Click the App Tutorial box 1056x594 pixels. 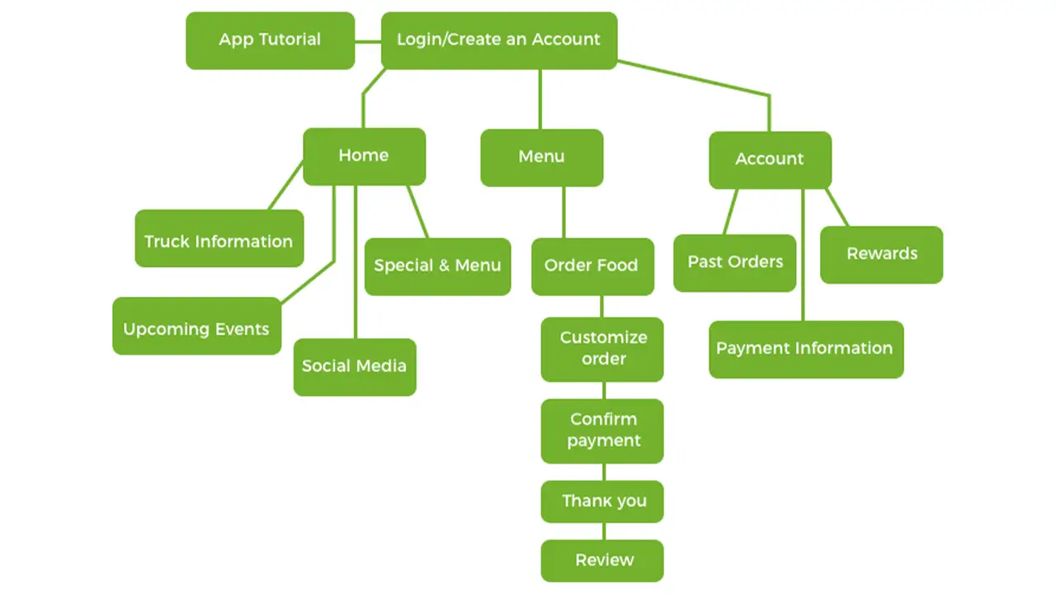click(270, 40)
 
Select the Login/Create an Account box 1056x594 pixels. click(499, 40)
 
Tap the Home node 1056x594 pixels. click(364, 156)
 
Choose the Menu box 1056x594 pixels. click(541, 157)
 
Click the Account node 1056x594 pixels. click(770, 159)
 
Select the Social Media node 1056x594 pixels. click(355, 366)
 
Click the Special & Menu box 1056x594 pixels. click(437, 266)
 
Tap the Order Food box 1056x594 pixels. click(592, 266)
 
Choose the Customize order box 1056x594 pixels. click(602, 348)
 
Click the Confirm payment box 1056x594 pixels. click(602, 430)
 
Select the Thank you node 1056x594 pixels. click(602, 501)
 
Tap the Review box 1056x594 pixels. click(602, 560)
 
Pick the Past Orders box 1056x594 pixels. click(734, 262)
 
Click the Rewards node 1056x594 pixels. click(881, 254)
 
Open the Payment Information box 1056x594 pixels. click(805, 349)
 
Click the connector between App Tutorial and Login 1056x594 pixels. click(368, 41)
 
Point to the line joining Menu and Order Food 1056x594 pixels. click(564, 212)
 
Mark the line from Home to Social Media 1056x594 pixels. click(356, 264)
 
